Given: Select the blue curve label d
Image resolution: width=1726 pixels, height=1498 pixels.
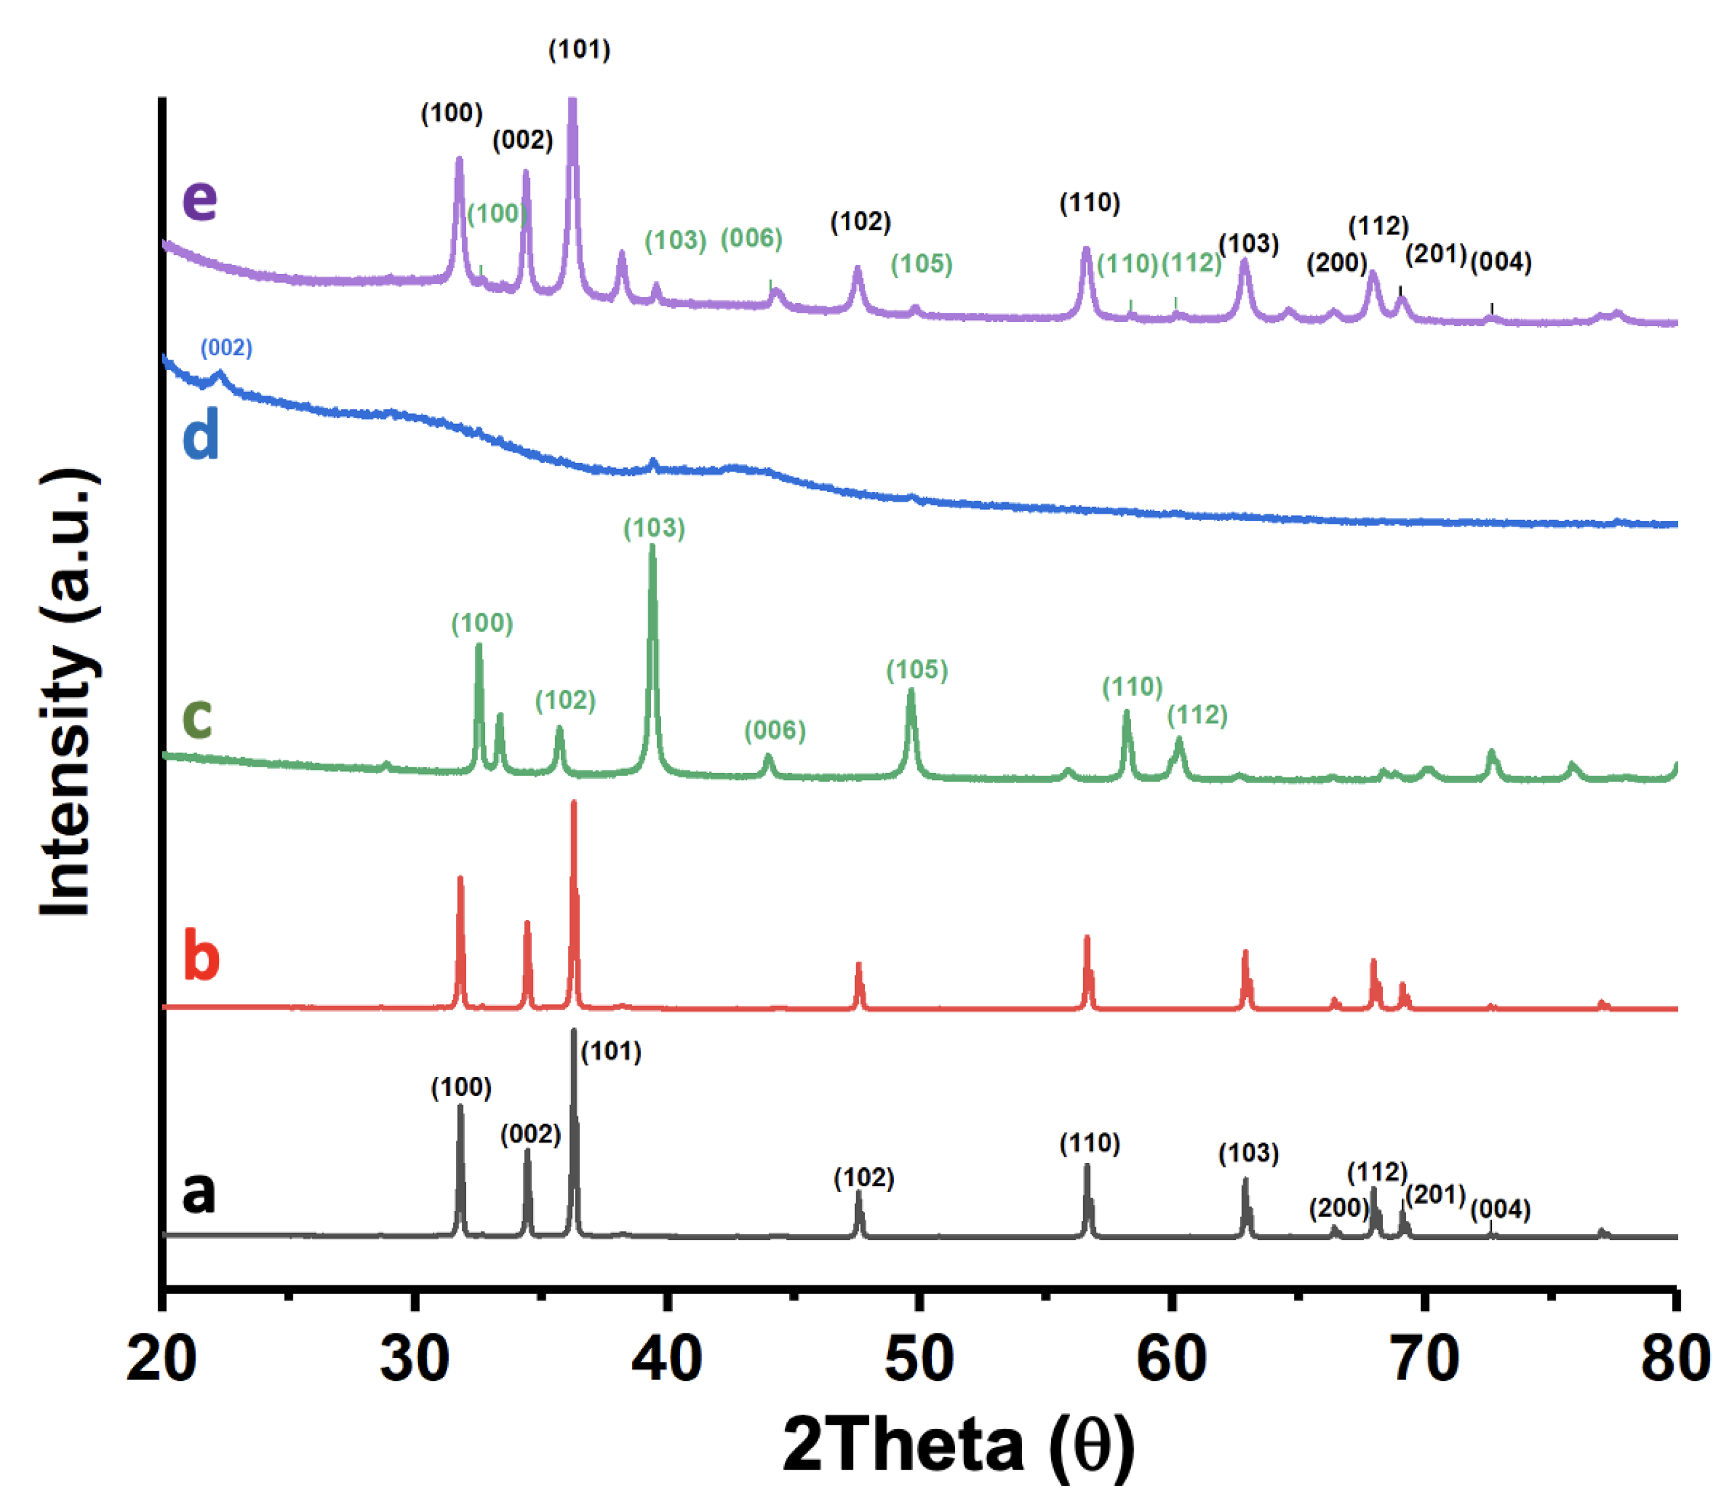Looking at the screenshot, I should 201,434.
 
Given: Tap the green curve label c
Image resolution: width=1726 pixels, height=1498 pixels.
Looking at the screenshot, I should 197,716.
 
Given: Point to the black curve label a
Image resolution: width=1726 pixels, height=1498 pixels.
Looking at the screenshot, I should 199,1191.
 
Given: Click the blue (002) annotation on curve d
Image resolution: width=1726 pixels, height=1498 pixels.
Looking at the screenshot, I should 226,348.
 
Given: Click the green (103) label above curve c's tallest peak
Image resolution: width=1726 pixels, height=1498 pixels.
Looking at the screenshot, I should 654,528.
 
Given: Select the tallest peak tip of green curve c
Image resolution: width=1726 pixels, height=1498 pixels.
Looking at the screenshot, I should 652,548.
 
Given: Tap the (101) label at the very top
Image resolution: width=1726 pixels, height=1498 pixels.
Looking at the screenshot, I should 579,49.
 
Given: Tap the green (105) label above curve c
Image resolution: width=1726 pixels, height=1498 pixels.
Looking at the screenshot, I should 917,669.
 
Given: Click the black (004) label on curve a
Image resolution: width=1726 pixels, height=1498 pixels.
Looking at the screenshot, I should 1500,1209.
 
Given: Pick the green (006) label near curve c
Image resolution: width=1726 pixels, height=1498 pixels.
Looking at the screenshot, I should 775,730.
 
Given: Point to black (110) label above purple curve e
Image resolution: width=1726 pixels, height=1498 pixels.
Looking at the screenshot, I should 1089,203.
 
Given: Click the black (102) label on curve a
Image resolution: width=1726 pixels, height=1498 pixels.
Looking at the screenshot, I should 864,1178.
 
